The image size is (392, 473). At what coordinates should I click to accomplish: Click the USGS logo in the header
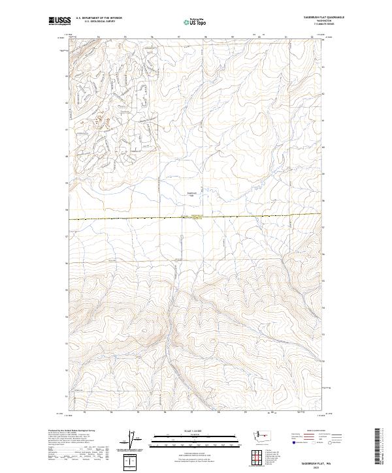click(59, 22)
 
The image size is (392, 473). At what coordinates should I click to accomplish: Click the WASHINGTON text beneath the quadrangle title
click(321, 21)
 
